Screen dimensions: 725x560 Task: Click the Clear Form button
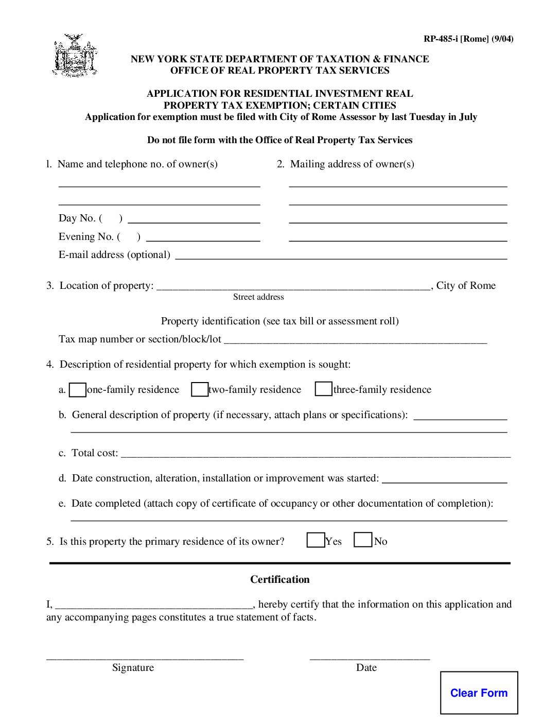[479, 693]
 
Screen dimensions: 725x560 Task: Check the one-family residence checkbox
[78, 390]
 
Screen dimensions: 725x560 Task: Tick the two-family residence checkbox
[199, 389]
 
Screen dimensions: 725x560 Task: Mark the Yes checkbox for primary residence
[315, 540]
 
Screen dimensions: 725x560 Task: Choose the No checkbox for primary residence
[363, 540]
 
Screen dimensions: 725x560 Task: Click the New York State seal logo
[75, 56]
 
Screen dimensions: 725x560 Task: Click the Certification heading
[280, 579]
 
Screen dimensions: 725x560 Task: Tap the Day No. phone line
[194, 220]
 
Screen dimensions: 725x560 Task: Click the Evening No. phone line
[203, 239]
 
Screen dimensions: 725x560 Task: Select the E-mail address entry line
[341, 256]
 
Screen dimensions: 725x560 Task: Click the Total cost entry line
[315, 455]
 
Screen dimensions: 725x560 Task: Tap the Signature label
[133, 667]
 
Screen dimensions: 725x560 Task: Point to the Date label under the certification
[366, 667]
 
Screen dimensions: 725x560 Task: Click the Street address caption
[258, 297]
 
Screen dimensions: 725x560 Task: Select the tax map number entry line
[355, 341]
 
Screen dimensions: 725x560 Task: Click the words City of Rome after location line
[466, 285]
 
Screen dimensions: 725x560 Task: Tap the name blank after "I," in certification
[154, 606]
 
